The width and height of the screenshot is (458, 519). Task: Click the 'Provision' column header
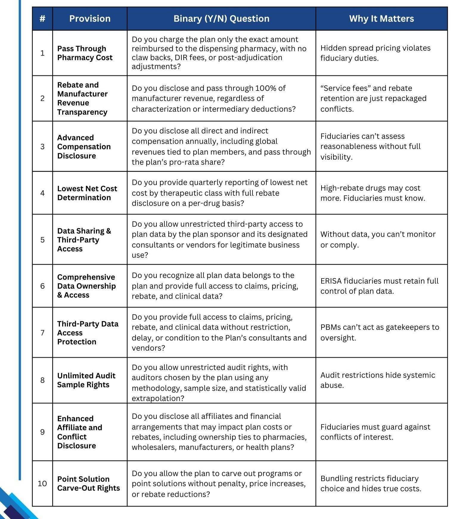tap(90, 18)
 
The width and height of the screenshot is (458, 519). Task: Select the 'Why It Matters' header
tap(381, 18)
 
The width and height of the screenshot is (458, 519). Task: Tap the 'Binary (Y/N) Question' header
tap(221, 18)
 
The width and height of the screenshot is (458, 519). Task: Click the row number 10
tap(42, 483)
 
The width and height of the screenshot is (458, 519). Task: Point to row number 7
tap(42, 332)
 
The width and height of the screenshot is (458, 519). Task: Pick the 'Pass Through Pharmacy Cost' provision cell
tap(85, 53)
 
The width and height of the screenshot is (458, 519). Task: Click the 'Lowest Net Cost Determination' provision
tap(87, 193)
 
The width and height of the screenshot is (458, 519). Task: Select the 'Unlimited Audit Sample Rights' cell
tap(86, 380)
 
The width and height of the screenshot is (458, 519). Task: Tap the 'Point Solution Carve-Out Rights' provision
tap(88, 483)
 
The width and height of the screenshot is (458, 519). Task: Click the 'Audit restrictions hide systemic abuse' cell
tap(378, 380)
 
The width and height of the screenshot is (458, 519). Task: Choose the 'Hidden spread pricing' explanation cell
tap(375, 53)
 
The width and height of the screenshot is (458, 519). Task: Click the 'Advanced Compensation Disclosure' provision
tap(84, 147)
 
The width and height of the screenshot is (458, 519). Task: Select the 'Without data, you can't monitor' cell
tap(378, 240)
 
